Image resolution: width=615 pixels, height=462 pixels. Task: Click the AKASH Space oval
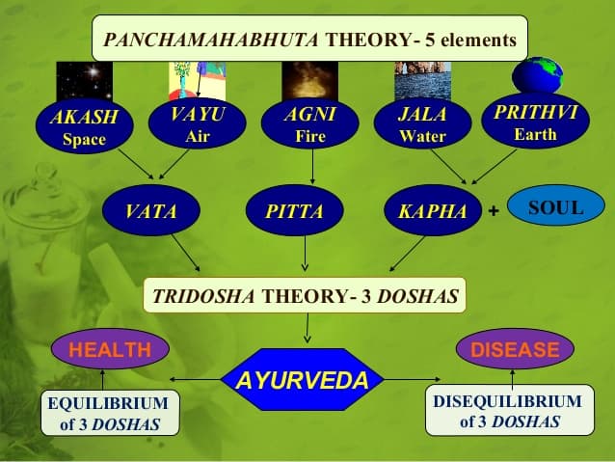click(x=84, y=125)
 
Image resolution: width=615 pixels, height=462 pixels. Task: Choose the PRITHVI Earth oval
click(x=535, y=121)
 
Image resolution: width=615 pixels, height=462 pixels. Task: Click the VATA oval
click(x=151, y=210)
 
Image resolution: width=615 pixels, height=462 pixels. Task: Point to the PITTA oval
click(x=295, y=210)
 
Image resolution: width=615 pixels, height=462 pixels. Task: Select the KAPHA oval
click(x=433, y=210)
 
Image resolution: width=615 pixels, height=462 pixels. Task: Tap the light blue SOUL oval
click(x=556, y=205)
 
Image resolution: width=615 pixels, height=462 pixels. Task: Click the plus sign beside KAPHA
click(x=494, y=211)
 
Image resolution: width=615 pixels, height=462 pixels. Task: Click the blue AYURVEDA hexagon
click(x=303, y=380)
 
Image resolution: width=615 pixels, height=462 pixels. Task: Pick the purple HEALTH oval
click(x=110, y=349)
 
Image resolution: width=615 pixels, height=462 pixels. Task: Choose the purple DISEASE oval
click(x=515, y=349)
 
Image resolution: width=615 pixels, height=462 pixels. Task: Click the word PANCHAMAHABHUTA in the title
click(x=211, y=41)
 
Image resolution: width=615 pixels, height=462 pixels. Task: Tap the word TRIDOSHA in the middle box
click(x=203, y=296)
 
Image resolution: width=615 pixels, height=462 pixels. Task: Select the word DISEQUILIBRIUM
click(x=508, y=401)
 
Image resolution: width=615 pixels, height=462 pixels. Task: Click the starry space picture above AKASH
click(x=84, y=80)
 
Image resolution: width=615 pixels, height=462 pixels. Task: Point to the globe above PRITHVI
click(x=537, y=75)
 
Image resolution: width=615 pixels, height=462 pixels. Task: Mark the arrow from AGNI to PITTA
click(x=312, y=167)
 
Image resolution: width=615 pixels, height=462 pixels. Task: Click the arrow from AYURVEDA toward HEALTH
click(x=195, y=380)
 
